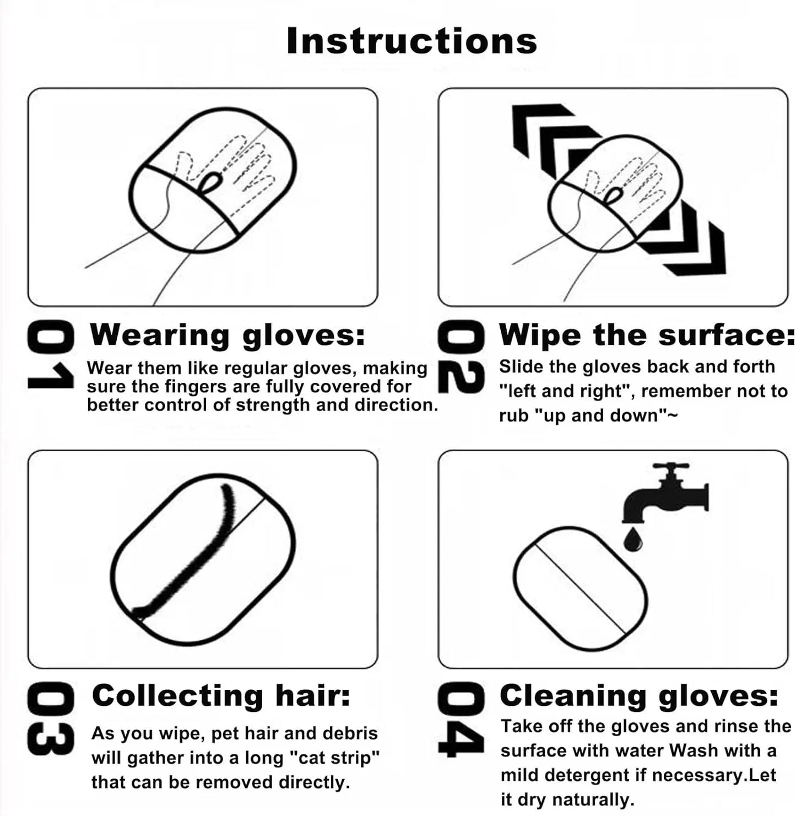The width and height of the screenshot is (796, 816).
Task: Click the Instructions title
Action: point(411,41)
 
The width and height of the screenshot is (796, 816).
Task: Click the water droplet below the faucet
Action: point(632,539)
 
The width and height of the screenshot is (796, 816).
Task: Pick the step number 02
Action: point(461,357)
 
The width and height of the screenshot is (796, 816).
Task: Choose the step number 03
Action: point(50,718)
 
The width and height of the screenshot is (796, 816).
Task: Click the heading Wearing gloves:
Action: point(228,334)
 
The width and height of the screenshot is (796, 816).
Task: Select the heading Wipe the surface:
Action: point(646,334)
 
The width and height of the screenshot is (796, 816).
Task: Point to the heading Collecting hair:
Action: point(221,695)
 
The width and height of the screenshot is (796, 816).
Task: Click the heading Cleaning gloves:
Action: point(638,695)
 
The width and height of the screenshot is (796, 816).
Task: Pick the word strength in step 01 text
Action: point(273,405)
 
